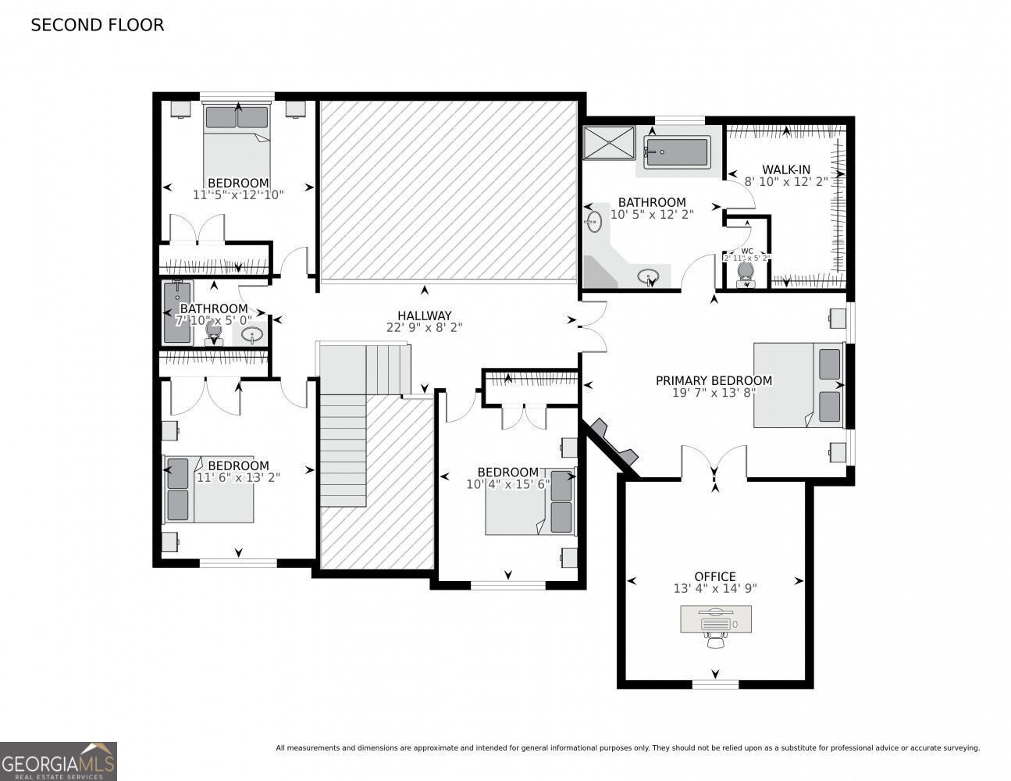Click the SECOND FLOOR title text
[97, 25]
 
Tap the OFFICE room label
[715, 577]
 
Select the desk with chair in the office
[715, 622]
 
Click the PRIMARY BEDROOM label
[714, 381]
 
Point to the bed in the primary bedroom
[798, 385]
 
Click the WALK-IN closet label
[785, 169]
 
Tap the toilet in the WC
[746, 272]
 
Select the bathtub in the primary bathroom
[676, 152]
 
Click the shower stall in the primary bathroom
[610, 142]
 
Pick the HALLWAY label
[424, 316]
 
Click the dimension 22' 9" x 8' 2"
[424, 328]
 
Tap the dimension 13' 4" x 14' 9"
[715, 589]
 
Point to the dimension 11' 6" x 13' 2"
[238, 477]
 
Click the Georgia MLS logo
[59, 761]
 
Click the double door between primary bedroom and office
[714, 462]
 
